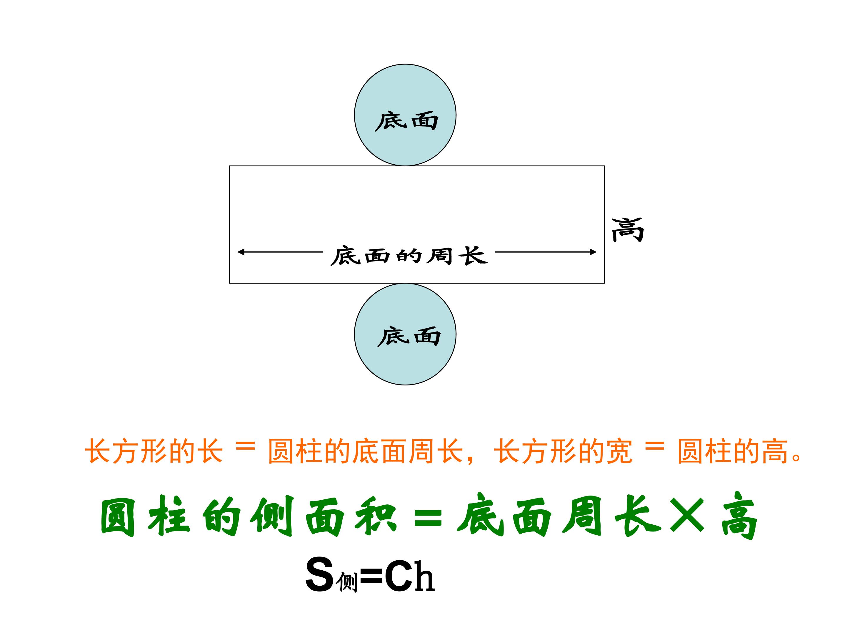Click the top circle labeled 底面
pyautogui.click(x=405, y=115)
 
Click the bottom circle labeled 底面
pyautogui.click(x=405, y=334)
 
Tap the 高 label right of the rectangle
pyautogui.click(x=628, y=230)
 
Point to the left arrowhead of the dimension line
pyautogui.click(x=241, y=252)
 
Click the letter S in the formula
pyautogui.click(x=320, y=575)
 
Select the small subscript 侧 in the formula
pyautogui.click(x=347, y=583)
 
